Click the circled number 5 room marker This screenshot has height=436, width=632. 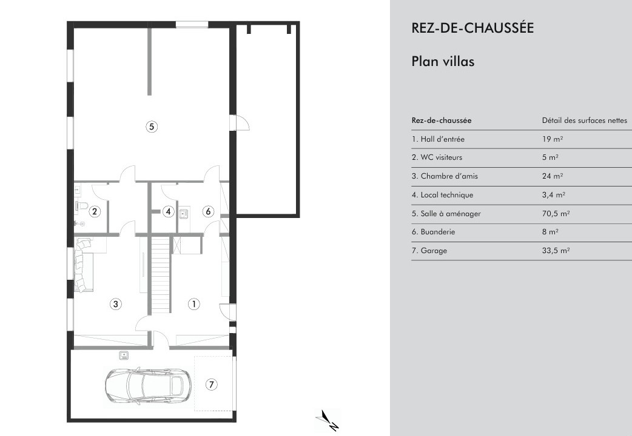coord(152,127)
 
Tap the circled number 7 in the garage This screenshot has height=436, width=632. coord(212,385)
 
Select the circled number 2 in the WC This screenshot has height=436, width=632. coord(95,211)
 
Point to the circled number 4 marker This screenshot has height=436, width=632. coord(169,211)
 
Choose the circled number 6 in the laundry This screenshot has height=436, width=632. coord(208,211)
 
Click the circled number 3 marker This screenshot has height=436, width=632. coord(116,304)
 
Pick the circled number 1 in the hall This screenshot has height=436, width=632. coord(194,304)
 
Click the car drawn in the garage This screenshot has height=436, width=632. coord(149,386)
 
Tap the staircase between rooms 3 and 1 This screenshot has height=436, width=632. coord(161,274)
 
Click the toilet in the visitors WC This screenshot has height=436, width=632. coord(81,206)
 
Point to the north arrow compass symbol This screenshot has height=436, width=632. coord(328,420)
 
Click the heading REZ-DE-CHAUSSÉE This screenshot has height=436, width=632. coord(472,28)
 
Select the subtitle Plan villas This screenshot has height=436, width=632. coord(443,62)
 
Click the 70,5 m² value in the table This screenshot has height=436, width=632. coord(556,213)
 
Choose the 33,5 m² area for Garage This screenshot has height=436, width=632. coord(556,251)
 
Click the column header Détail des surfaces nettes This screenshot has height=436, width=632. coord(585,121)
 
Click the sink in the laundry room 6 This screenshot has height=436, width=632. coord(184,213)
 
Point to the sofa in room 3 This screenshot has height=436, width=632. coord(84,265)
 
